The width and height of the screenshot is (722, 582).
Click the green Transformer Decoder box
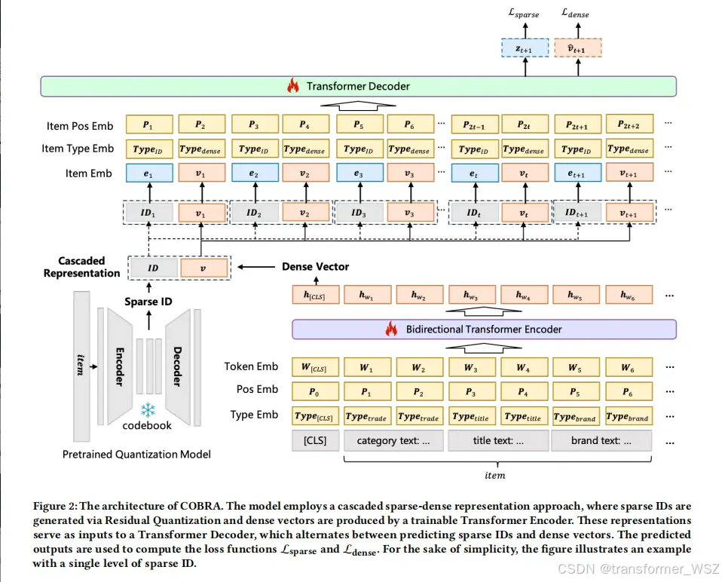357,86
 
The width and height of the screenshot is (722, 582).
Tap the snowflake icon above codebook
148,409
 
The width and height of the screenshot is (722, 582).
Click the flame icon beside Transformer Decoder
292,86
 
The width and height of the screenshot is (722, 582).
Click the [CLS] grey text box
315,440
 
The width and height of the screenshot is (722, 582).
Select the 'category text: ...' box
393,440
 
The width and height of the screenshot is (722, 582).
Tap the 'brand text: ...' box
601,440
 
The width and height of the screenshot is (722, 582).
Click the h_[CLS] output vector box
315,296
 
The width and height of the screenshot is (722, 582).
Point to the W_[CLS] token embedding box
315,367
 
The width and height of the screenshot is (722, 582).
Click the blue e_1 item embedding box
148,173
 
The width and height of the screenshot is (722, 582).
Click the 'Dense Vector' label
315,267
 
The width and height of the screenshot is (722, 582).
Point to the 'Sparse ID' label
147,302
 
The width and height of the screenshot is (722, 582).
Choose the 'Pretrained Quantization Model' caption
136,454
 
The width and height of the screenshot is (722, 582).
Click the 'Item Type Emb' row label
78,149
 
